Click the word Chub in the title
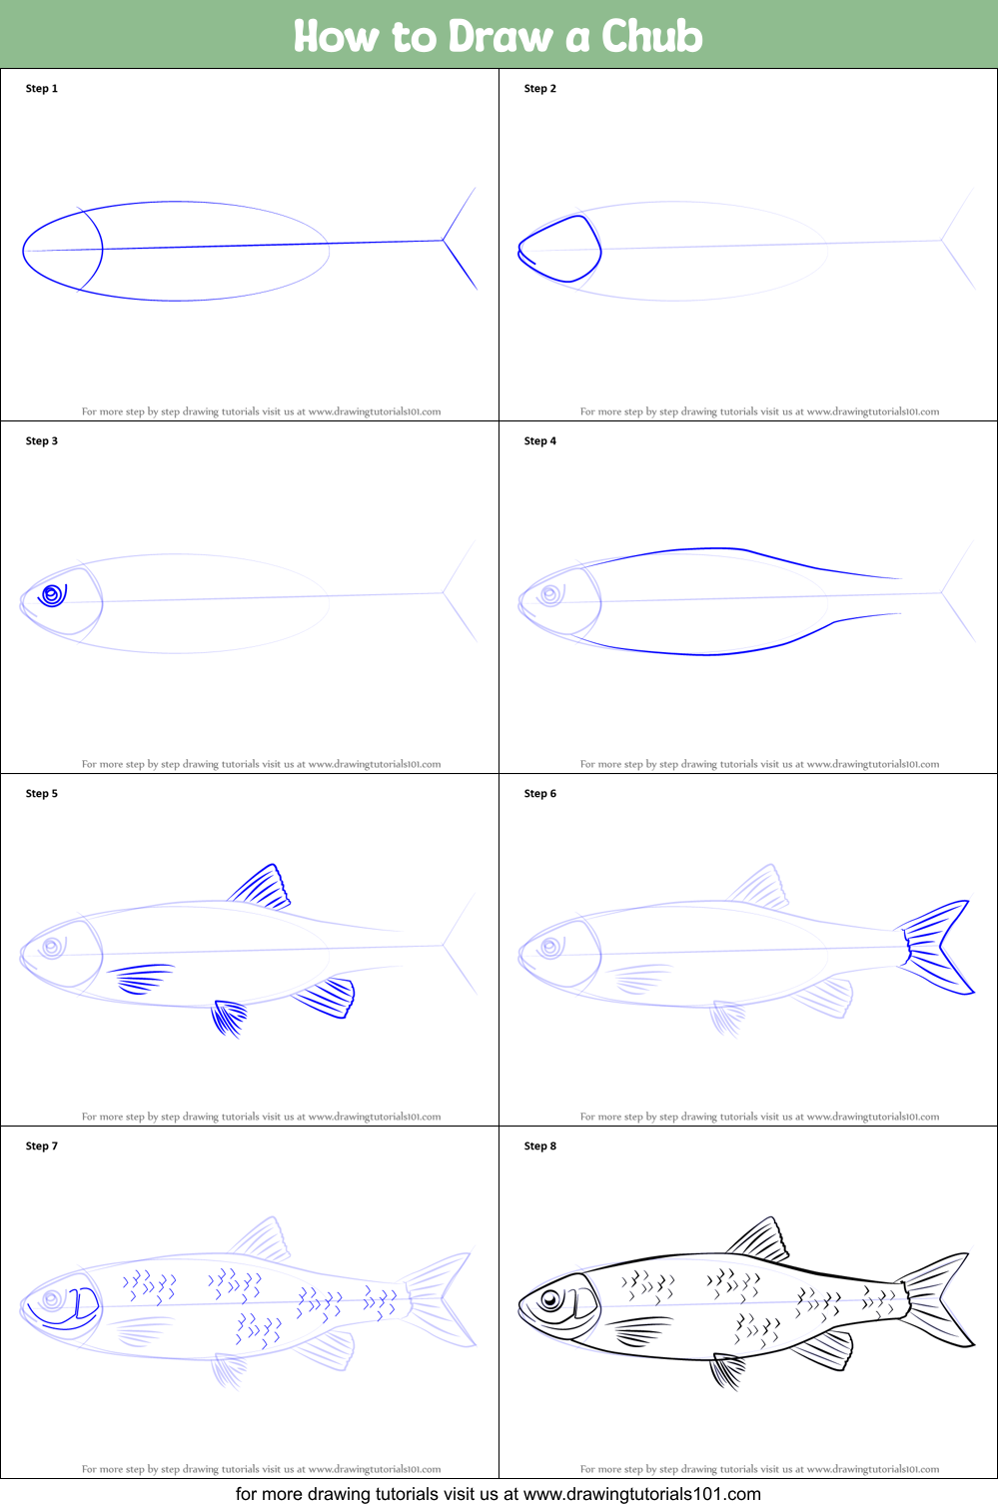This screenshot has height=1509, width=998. [651, 36]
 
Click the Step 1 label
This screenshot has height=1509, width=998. [42, 89]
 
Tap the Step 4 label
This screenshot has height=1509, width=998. [540, 441]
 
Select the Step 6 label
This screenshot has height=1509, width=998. [540, 794]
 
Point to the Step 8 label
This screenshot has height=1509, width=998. [540, 1146]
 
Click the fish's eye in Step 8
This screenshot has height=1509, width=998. [549, 1300]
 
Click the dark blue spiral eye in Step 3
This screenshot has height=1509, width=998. [52, 596]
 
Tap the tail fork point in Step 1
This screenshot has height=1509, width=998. [444, 240]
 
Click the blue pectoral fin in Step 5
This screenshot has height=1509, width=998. [142, 978]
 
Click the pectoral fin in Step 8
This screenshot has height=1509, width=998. [640, 1330]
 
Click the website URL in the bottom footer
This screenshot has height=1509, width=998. [641, 1494]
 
